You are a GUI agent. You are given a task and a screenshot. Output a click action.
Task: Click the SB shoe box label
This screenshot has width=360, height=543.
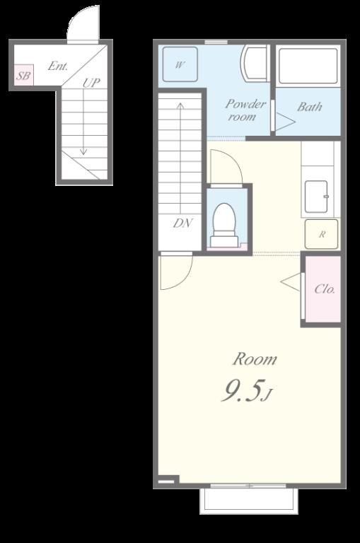23,75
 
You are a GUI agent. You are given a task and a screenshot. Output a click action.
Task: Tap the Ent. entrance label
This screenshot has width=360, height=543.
58,66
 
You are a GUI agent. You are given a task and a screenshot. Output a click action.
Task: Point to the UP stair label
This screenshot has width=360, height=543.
91,83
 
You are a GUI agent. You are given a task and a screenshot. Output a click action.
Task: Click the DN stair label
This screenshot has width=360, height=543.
182,223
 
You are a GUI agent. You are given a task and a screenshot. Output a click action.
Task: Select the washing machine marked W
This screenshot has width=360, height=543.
180,64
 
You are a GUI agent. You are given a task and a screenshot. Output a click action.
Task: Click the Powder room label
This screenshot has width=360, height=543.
245,110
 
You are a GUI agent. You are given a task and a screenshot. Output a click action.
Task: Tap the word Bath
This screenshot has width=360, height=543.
309,107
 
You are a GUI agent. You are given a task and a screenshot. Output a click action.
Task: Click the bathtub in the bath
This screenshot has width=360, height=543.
308,66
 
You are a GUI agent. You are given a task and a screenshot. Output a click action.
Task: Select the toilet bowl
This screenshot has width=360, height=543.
223,224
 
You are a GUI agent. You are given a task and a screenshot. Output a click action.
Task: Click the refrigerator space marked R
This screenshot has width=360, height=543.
321,234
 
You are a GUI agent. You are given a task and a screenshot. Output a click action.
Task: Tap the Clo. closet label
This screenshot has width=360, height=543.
325,288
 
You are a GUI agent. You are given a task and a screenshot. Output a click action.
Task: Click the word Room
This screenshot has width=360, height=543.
255,359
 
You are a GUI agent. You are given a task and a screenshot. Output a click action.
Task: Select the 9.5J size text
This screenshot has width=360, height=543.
248,390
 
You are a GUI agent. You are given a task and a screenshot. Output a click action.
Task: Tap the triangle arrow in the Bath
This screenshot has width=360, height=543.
285,122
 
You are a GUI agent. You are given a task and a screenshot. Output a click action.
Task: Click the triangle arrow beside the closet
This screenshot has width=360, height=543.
291,282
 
